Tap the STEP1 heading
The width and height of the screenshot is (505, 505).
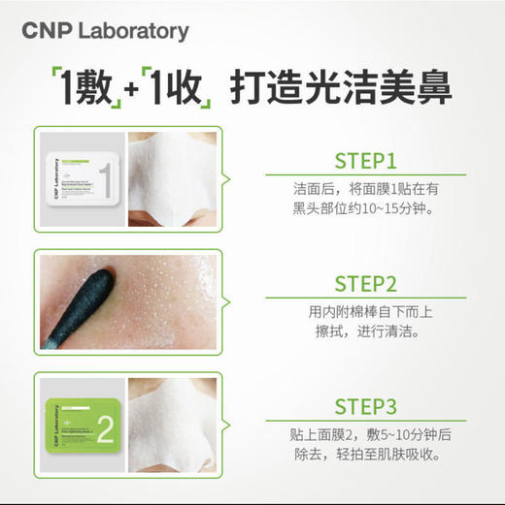coord(365,160)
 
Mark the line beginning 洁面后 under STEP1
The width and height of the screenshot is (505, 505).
coord(365,188)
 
